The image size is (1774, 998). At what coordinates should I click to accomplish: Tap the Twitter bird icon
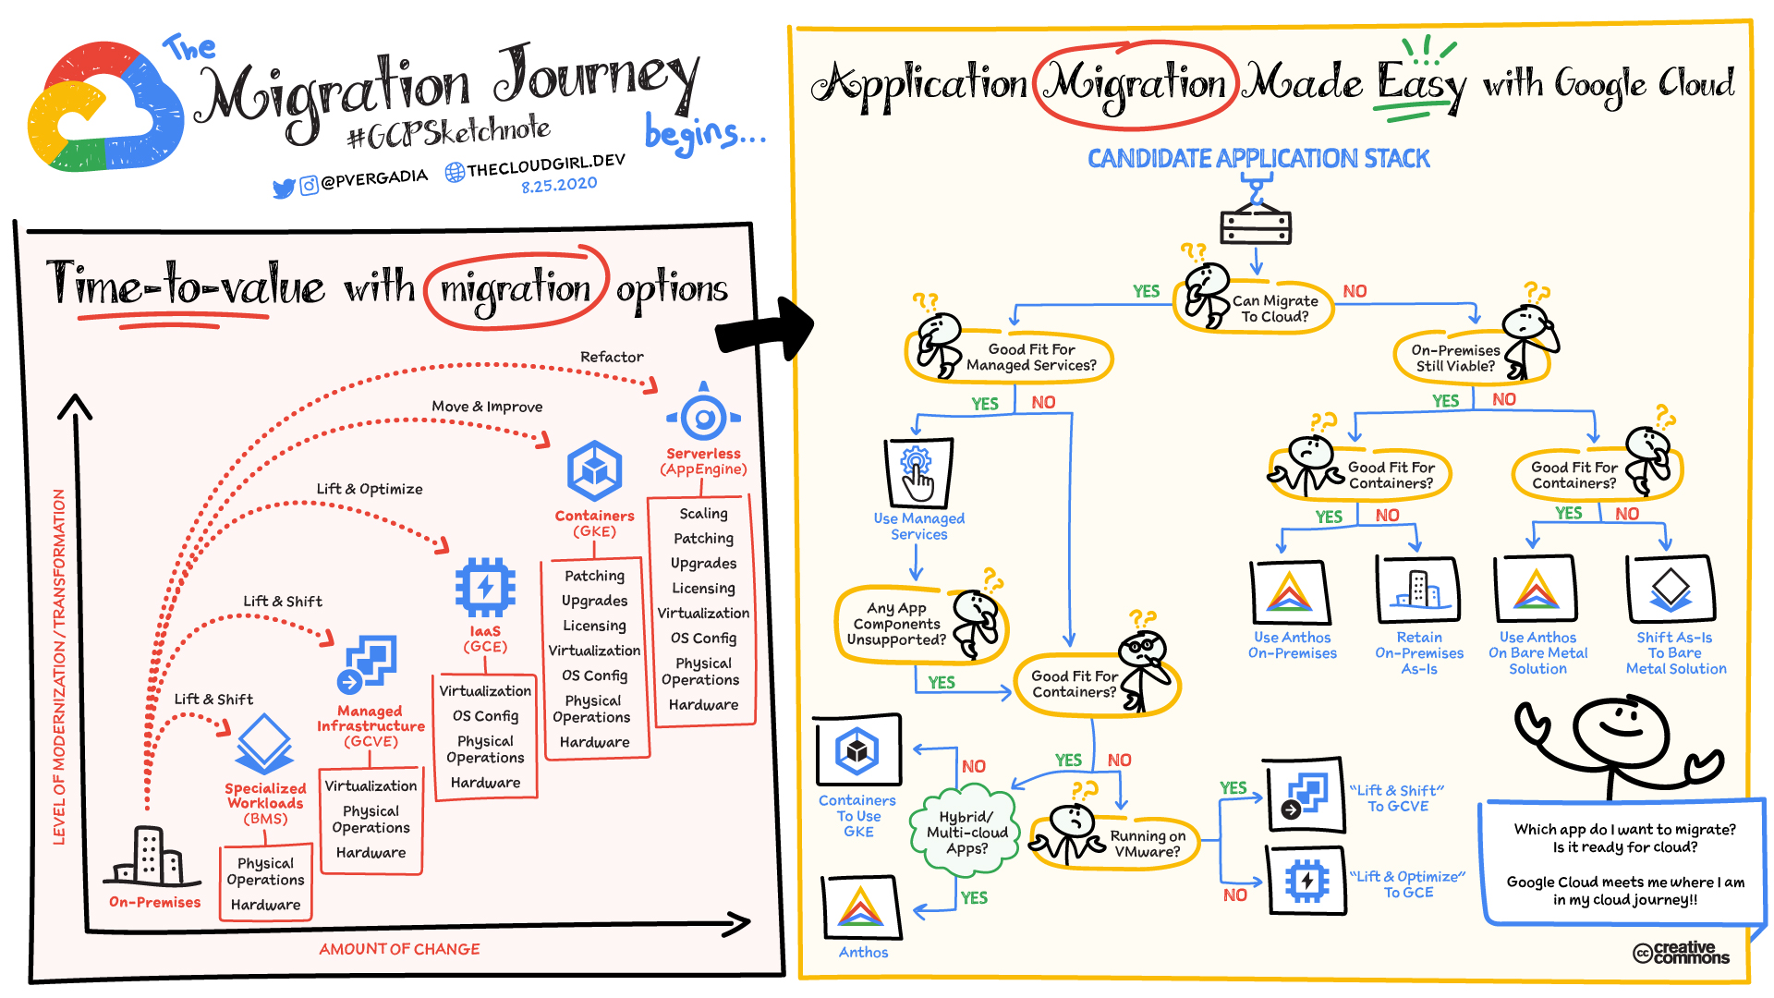coord(283,189)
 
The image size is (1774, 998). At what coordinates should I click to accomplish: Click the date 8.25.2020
coord(559,185)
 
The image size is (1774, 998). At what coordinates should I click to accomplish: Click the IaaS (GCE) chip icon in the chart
coord(485,587)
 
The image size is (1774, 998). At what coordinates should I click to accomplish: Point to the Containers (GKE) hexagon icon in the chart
coord(594,470)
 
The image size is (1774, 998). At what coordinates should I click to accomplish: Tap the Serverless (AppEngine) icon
coord(704,417)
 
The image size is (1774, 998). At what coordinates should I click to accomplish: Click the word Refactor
coord(612,357)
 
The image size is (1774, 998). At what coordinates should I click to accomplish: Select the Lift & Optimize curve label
coord(370,489)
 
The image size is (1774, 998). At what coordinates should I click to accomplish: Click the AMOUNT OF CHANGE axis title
coord(399,949)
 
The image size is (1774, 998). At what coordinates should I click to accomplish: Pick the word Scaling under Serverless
coord(703,513)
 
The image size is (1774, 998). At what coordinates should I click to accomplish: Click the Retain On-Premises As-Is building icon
coord(1417,590)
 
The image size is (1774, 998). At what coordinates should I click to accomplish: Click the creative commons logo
coord(1681,953)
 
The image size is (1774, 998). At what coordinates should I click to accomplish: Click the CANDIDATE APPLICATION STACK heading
coord(1258,159)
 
